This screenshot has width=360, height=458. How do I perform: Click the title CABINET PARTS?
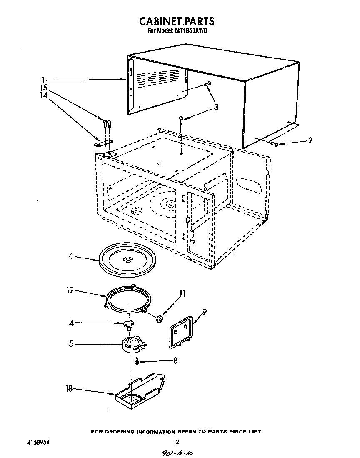pyautogui.click(x=177, y=21)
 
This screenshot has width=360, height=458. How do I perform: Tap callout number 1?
pyautogui.click(x=43, y=79)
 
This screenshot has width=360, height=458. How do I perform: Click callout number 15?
pyautogui.click(x=44, y=88)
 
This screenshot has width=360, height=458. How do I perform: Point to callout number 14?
pyautogui.click(x=44, y=95)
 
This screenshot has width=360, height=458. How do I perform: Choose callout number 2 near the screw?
pyautogui.click(x=310, y=141)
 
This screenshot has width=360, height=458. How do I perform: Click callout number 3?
pyautogui.click(x=216, y=107)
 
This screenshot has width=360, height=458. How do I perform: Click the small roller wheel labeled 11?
pyautogui.click(x=159, y=319)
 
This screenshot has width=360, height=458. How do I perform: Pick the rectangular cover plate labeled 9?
pyautogui.click(x=180, y=332)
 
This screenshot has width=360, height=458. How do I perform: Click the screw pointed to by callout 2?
pyautogui.click(x=275, y=144)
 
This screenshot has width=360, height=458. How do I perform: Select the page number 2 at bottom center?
pyautogui.click(x=177, y=442)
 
